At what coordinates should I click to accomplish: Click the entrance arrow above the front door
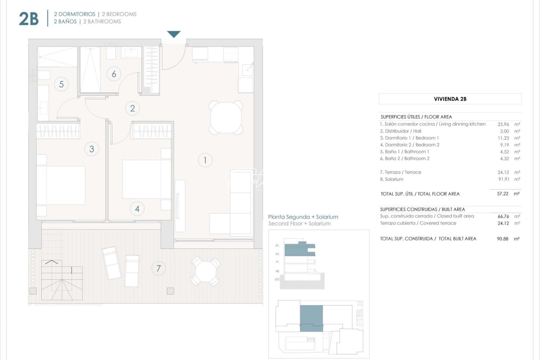point(174,34)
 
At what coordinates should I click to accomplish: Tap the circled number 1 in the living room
point(205,160)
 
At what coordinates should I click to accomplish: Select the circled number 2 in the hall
point(132,108)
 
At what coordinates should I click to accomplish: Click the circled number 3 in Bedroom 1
point(92,149)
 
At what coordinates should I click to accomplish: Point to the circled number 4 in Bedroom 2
point(137,209)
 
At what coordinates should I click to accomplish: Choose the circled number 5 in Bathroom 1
point(61,84)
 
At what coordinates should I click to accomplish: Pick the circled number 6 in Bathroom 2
point(114,74)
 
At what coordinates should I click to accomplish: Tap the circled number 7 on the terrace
point(158,268)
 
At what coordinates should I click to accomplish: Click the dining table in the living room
point(226,117)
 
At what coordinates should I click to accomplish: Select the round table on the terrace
point(205,271)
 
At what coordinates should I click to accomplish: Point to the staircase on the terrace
point(62,280)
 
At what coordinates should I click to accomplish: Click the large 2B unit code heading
point(29,19)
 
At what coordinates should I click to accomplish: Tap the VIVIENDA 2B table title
point(450,99)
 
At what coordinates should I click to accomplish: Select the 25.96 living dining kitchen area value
point(503,124)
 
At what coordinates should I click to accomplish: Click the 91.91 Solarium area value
point(503,179)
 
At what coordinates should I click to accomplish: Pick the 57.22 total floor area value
point(503,194)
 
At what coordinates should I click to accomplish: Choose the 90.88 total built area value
point(503,239)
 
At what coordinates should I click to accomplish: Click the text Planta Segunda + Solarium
point(303,217)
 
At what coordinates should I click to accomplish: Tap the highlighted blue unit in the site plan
point(311,318)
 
